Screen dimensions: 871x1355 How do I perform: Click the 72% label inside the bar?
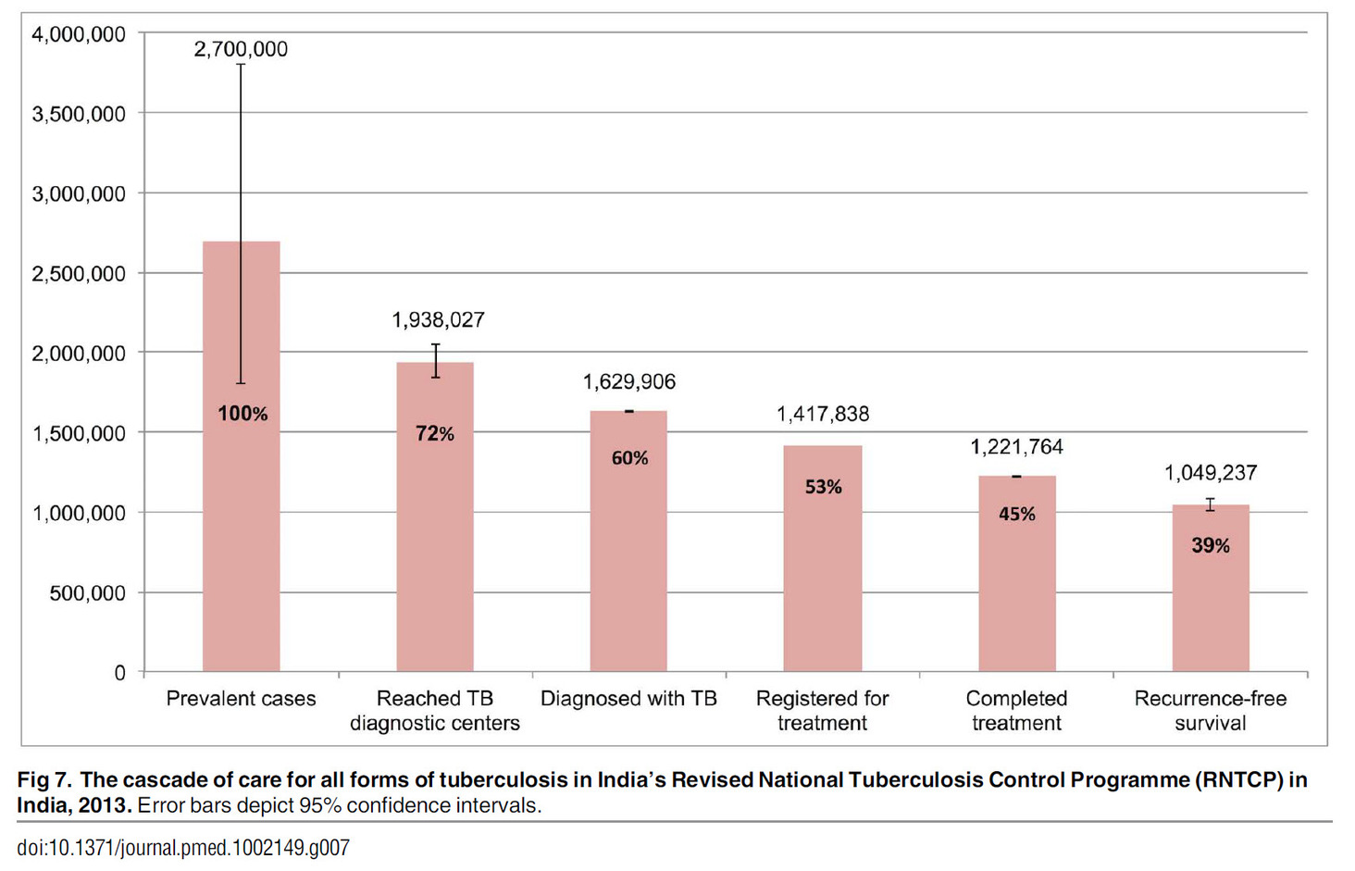(434, 433)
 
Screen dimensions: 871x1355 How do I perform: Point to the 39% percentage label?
(1210, 546)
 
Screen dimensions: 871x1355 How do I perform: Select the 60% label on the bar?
(629, 458)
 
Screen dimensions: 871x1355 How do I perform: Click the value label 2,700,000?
(241, 50)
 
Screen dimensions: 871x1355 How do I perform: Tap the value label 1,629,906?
(628, 382)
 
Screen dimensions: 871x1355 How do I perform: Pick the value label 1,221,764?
(1016, 447)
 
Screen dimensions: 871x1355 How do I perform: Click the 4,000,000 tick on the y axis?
(79, 35)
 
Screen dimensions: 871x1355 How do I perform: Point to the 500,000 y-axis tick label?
(87, 593)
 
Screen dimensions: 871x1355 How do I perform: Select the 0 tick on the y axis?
(119, 673)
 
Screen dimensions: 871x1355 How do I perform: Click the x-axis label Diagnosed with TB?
(628, 699)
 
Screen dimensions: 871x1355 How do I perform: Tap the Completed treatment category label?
(1016, 711)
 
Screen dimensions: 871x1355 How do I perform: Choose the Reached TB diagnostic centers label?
(434, 711)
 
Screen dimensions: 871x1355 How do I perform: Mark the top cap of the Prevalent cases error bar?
(241, 65)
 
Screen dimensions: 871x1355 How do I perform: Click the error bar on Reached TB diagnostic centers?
(435, 361)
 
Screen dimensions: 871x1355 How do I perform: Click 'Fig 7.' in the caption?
(44, 780)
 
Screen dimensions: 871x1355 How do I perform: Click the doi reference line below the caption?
(183, 848)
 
